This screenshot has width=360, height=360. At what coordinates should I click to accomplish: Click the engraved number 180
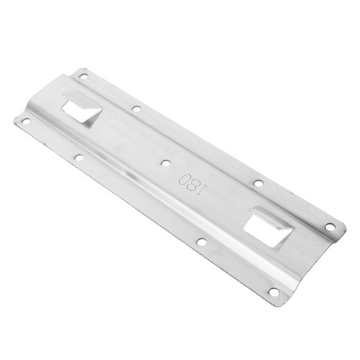pyautogui.click(x=193, y=184)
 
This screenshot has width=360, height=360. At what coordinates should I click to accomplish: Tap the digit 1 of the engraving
pyautogui.click(x=202, y=189)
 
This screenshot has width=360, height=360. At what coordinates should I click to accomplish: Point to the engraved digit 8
pyautogui.click(x=192, y=184)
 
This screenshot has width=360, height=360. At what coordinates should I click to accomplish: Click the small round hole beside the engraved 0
pyautogui.click(x=165, y=163)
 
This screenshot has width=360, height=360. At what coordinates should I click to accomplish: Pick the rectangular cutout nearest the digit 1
pyautogui.click(x=267, y=230)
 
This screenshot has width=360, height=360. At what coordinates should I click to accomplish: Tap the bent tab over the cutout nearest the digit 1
pyautogui.click(x=272, y=217)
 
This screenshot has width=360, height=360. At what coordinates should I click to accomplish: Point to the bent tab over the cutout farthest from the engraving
pyautogui.click(x=81, y=101)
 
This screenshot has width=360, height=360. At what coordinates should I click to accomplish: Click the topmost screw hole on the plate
pyautogui.click(x=84, y=77)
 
